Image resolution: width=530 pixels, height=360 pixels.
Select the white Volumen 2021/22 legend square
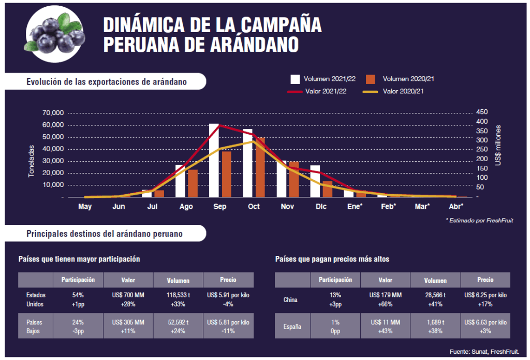295,79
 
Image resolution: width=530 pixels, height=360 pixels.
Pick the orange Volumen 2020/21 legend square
370,79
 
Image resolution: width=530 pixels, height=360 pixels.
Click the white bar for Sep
214,161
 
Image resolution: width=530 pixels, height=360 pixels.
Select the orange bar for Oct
260,167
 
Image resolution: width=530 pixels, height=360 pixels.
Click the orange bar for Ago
193,183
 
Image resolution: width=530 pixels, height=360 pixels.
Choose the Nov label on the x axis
287,207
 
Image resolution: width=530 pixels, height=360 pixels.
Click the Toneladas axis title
31,161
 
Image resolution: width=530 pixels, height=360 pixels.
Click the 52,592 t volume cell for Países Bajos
178,326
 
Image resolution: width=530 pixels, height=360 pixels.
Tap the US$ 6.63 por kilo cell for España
485,326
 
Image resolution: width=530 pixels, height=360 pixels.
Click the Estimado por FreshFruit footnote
479,220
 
